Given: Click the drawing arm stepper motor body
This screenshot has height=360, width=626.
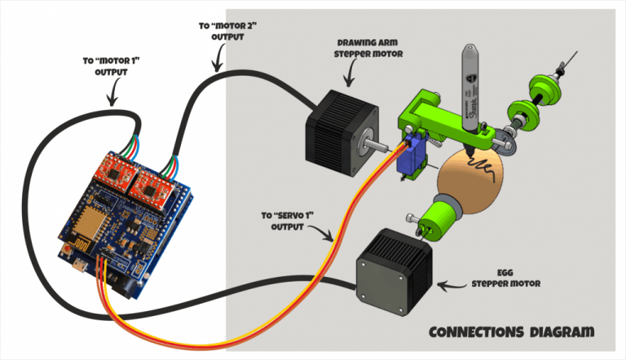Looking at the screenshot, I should [334, 125].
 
